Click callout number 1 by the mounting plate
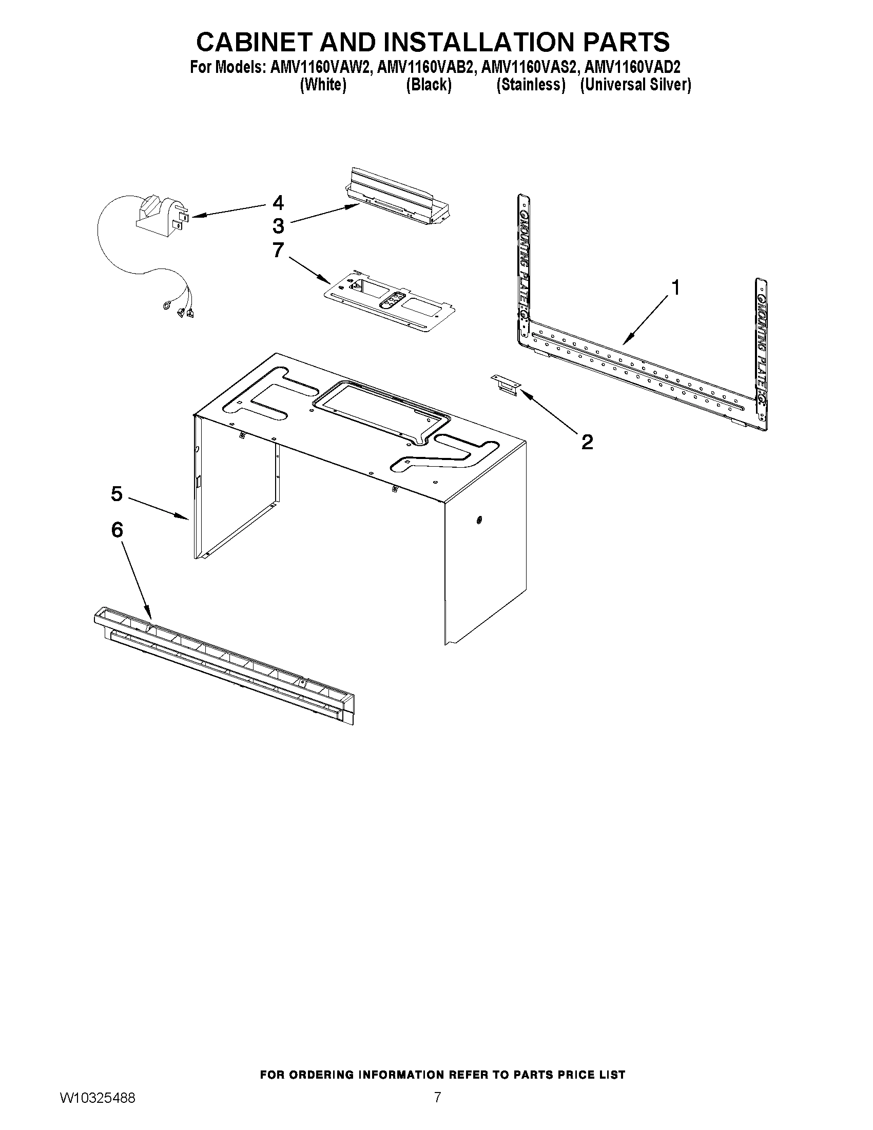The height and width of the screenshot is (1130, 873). pos(675,287)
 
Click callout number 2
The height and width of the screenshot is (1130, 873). pos(587,442)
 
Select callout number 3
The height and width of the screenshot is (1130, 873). pos(278,226)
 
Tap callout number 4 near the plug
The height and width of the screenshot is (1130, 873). pos(278,202)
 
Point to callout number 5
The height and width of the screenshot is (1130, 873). pos(117,493)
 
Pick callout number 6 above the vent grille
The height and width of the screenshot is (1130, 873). pos(117,530)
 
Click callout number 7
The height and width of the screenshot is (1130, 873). pos(278,251)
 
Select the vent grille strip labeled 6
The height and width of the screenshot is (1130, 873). pos(225,665)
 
